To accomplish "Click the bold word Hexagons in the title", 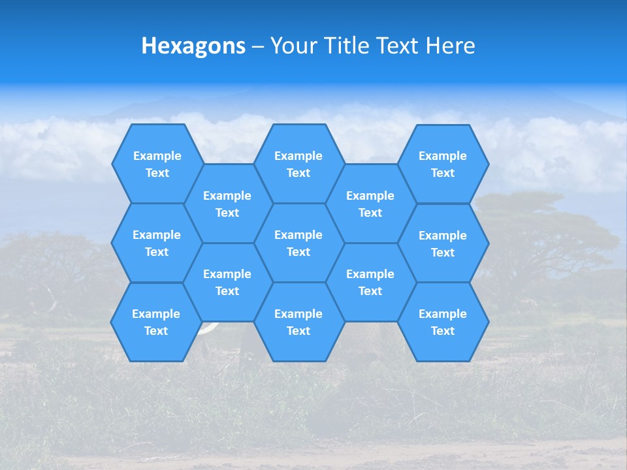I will tap(193, 46).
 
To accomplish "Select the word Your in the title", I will tap(293, 46).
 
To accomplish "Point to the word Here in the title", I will tap(451, 46).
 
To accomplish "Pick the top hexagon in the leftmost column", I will tap(157, 164).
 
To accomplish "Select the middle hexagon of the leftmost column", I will tap(157, 243).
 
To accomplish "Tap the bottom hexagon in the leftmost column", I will tap(156, 322).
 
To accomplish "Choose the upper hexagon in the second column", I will tap(227, 204).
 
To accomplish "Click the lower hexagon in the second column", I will tap(227, 282).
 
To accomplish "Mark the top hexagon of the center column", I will tap(298, 164).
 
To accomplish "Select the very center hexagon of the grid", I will tap(298, 243).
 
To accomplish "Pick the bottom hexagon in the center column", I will tap(298, 322).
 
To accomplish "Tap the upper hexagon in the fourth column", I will tap(370, 204).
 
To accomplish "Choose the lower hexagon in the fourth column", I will tap(370, 282).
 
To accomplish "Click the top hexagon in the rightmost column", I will tap(443, 164).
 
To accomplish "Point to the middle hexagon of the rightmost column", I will tap(443, 243).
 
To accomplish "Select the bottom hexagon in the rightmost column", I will tap(443, 322).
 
